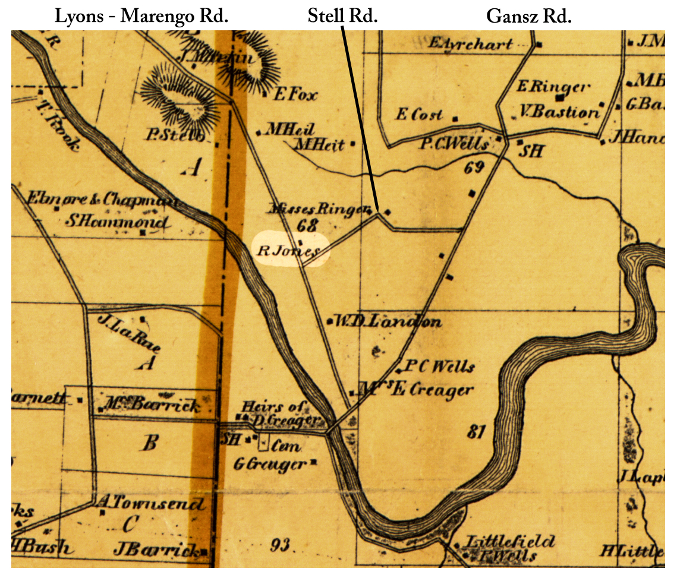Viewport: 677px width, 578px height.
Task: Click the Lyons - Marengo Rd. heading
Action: coord(141,16)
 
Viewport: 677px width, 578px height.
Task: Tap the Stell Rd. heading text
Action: coord(343,16)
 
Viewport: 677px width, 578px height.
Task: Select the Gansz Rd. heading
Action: coord(529,16)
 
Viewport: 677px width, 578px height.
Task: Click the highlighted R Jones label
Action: coord(289,251)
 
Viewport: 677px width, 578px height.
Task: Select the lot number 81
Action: coord(477,432)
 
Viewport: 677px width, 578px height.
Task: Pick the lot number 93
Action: coord(282,544)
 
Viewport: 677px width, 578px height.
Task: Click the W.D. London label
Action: coord(388,322)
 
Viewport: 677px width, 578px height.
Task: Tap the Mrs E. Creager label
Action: coord(418,390)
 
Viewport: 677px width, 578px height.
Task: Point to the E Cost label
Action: coord(419,115)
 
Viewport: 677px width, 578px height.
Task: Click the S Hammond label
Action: coord(116,222)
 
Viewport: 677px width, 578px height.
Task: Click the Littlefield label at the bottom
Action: coord(509,541)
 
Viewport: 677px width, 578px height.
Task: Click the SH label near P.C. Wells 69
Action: coord(532,151)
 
